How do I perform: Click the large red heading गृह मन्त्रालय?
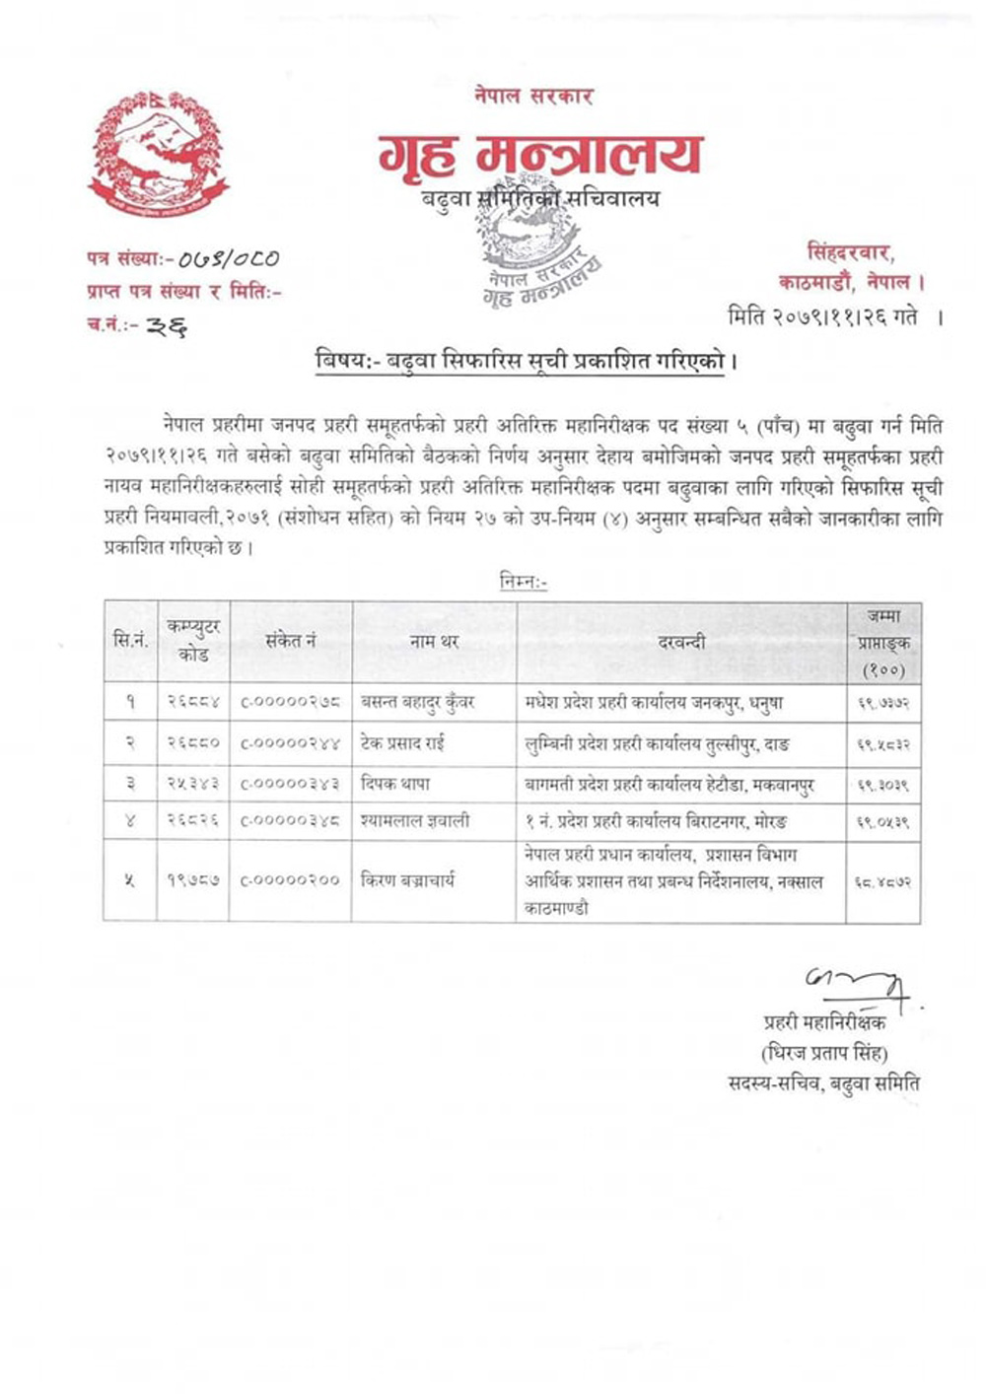[539, 156]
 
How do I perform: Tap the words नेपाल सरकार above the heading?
[531, 97]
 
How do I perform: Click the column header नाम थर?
[434, 642]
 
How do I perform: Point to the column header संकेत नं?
[290, 641]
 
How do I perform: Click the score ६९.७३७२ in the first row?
[882, 702]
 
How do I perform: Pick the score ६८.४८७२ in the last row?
[882, 882]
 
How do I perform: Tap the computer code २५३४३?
[192, 784]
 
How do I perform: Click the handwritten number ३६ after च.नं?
[165, 326]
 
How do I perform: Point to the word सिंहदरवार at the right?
[850, 252]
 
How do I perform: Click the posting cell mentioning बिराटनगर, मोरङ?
[656, 821]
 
